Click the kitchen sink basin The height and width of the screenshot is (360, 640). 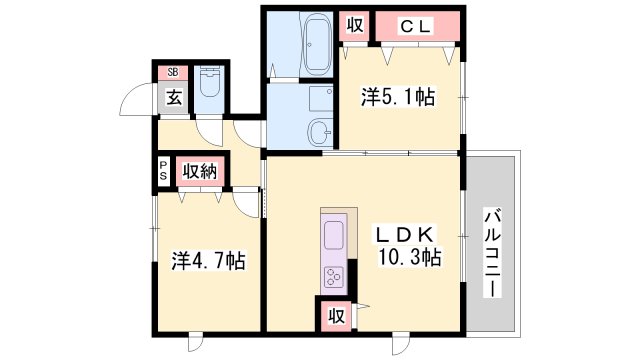(333, 236)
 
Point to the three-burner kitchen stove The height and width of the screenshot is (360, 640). (333, 275)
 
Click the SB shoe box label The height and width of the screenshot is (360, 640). (173, 72)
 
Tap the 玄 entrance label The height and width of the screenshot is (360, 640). (173, 97)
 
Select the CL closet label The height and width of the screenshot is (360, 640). (417, 26)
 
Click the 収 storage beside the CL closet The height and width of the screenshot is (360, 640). (355, 26)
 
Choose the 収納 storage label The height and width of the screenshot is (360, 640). (200, 170)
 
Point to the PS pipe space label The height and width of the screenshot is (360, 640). (163, 170)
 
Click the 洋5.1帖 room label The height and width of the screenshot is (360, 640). (397, 98)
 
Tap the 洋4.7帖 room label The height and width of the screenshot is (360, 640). (208, 261)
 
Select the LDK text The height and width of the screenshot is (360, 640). (405, 234)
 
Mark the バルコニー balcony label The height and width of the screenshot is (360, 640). (492, 245)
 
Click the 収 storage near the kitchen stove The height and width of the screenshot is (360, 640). (337, 317)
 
